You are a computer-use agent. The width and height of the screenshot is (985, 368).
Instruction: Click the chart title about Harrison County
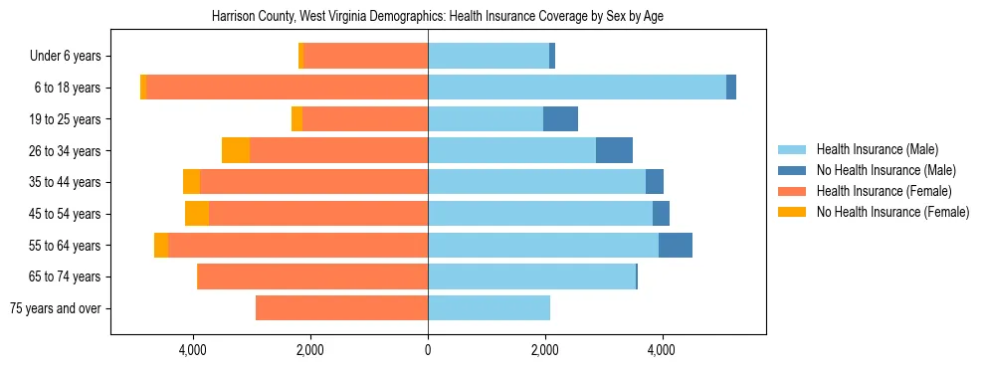pos(438,17)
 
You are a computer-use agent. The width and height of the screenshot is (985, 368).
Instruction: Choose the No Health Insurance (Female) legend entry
pos(891,212)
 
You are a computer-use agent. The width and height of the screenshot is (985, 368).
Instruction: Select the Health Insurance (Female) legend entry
pos(884,191)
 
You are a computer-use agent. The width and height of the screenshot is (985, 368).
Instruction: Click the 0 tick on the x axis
pos(428,350)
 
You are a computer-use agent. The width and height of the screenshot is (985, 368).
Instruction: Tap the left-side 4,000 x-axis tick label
pos(193,350)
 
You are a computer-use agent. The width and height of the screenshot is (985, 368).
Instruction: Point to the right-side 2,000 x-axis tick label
pos(544,350)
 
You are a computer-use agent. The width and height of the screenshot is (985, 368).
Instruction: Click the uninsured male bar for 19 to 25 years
pos(560,119)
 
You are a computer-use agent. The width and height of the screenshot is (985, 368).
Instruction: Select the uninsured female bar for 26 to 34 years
pos(236,150)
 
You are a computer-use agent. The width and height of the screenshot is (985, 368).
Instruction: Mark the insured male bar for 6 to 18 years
pos(577,88)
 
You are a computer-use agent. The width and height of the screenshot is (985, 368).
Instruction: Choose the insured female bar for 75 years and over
pos(341,308)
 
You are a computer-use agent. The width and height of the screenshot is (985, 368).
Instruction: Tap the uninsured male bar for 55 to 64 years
pos(676,245)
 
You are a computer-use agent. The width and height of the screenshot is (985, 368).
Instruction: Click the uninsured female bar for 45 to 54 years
pos(197,214)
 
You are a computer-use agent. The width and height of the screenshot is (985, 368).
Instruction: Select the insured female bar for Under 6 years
pos(366,57)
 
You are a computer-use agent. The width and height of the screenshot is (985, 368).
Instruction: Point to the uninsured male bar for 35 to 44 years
pos(655,182)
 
